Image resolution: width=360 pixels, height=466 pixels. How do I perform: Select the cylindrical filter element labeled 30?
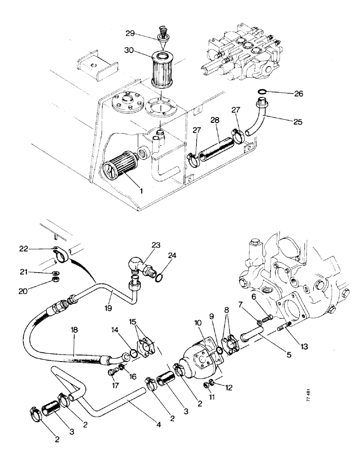point(164,70)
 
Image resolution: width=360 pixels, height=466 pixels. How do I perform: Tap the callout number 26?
point(298,94)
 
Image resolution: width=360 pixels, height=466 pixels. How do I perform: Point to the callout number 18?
point(74,329)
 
